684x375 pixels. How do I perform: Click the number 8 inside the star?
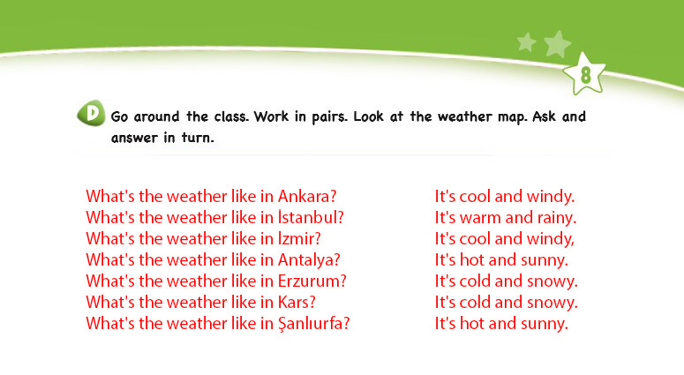coord(585,75)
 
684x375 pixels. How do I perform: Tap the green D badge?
coord(91,113)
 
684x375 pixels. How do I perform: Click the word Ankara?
coord(307,197)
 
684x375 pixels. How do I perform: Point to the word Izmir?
coord(299,239)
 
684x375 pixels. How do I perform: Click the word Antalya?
coord(309,260)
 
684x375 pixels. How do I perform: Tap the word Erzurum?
coord(312,281)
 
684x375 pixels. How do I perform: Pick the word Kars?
coord(297,302)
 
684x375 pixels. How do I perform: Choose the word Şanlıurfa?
coord(313,324)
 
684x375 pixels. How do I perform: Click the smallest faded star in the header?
coord(527,42)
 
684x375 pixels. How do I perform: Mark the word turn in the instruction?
coord(198,139)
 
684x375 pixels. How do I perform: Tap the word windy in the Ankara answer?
coord(551,197)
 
